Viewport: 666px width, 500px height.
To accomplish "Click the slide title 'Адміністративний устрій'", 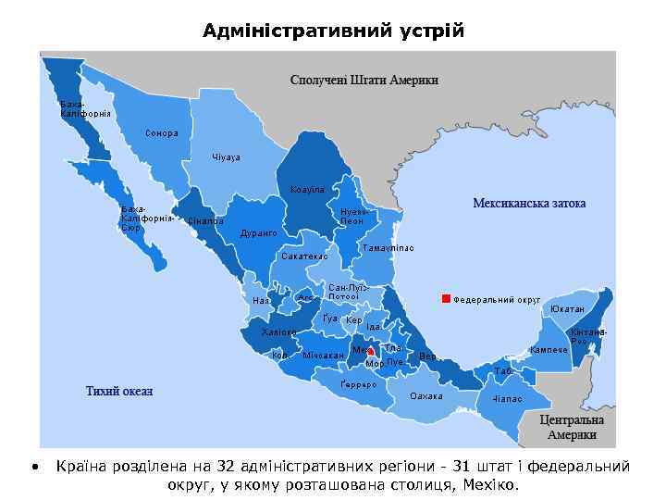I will point(333,31).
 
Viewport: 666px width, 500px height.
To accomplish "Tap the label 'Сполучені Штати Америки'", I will point(364,80).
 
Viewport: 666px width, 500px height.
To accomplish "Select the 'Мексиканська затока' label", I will point(529,203).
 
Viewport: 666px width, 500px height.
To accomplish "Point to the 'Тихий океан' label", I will point(119,391).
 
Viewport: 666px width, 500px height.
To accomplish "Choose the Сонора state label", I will point(162,133).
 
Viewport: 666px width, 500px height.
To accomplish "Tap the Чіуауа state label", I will point(226,157).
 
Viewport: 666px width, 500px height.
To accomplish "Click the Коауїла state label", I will point(307,189).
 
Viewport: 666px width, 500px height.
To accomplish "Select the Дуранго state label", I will point(259,233).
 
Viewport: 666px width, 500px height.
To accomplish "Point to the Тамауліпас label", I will point(388,248).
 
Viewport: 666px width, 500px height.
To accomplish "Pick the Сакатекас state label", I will point(304,256).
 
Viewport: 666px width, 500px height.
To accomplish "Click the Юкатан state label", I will point(567,308).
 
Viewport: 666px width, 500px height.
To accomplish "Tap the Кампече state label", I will point(548,349).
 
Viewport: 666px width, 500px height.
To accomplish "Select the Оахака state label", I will point(426,396).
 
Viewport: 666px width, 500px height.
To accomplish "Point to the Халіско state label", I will point(279,331).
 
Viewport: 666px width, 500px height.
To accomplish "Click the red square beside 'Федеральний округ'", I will point(446,299).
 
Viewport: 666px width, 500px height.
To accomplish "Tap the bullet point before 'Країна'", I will point(34,467).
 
